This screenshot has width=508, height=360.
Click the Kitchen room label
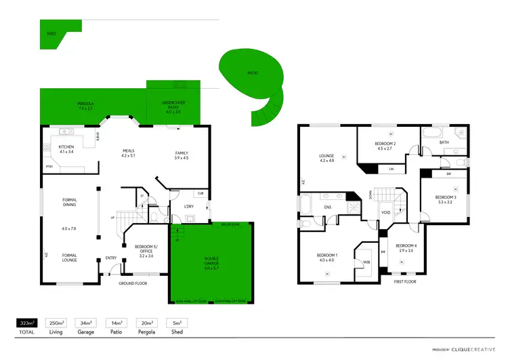click(66, 149)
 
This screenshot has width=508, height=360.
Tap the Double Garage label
click(211, 261)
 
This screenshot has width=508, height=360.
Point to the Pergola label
click(85, 106)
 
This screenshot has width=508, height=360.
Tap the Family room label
click(181, 155)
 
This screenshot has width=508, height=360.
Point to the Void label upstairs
click(385, 212)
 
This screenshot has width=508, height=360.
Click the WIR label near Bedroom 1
click(366, 261)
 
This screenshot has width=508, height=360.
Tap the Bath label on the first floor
click(444, 142)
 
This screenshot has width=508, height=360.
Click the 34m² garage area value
click(85, 324)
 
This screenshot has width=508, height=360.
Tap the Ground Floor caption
click(133, 283)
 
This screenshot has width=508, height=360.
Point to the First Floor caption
click(404, 281)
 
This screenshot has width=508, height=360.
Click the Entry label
click(111, 258)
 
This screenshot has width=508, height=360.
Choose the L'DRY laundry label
click(190, 206)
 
